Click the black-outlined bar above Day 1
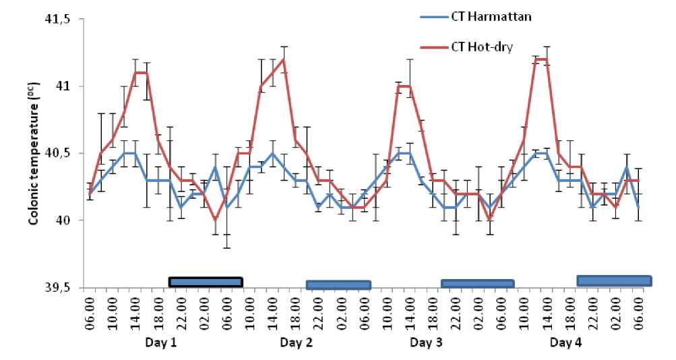click(205, 282)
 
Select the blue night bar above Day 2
click(338, 285)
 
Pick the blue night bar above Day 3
click(477, 284)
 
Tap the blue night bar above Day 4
click(613, 280)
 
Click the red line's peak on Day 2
click(284, 59)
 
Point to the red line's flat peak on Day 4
click(541, 59)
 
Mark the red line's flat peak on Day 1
click(140, 73)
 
